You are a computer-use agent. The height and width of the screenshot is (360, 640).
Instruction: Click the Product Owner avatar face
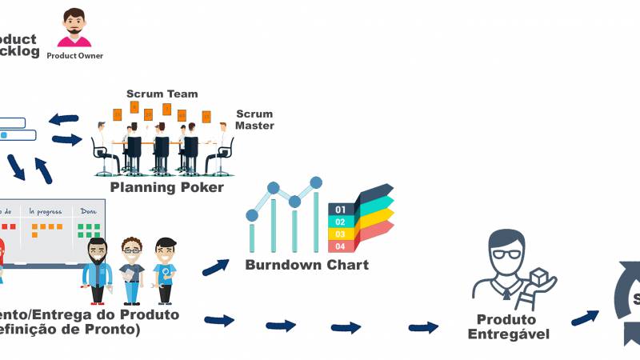pos(74,26)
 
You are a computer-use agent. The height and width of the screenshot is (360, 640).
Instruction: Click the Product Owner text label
pos(74,56)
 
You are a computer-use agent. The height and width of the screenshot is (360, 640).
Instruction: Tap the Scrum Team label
pos(162,94)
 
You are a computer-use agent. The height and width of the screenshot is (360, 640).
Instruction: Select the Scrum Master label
pos(254,120)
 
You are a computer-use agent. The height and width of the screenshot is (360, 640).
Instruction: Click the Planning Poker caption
pos(166,187)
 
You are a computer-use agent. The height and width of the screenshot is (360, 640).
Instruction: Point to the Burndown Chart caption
pos(306,265)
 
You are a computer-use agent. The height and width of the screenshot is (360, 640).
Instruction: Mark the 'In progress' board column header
pos(45,212)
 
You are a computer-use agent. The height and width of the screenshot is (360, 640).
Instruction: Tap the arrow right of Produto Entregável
pos(584,317)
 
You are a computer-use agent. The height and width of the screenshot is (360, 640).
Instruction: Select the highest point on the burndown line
pos(316,182)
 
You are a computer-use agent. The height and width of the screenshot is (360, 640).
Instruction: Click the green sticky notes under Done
pos(87,230)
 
